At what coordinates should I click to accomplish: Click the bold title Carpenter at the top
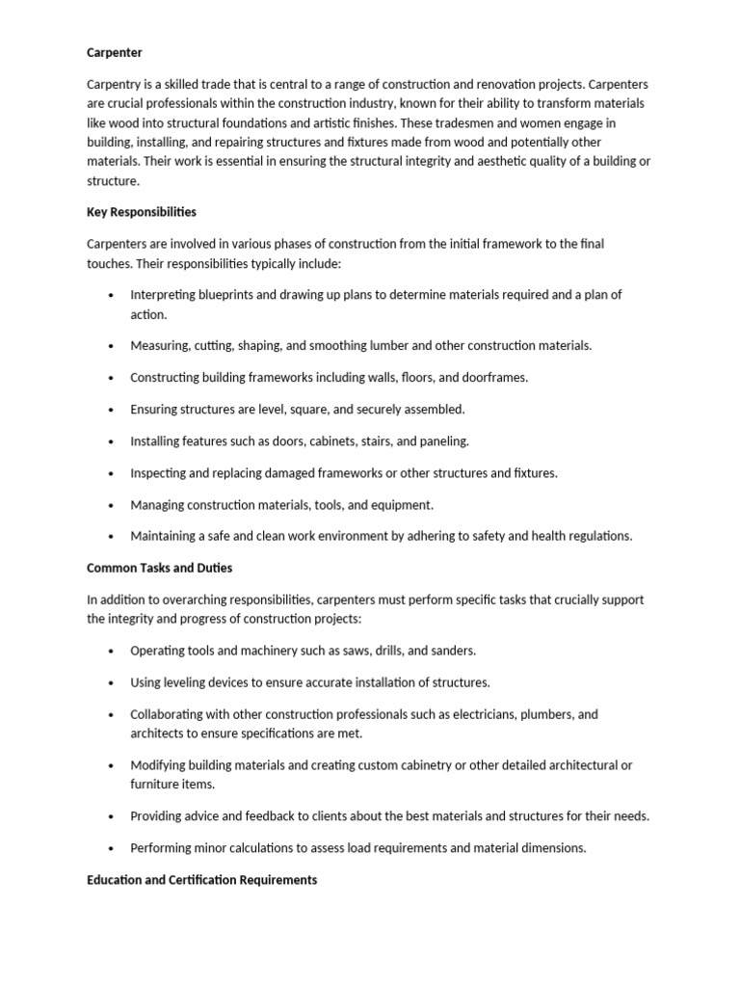click(115, 51)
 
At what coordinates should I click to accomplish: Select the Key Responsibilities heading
click(142, 211)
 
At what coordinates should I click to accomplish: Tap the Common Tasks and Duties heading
click(159, 568)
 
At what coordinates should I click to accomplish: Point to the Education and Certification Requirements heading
click(201, 880)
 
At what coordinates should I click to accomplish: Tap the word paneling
click(443, 440)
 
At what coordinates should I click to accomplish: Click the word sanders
click(452, 651)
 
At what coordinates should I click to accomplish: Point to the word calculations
click(258, 848)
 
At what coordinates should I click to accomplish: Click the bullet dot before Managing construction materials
click(113, 505)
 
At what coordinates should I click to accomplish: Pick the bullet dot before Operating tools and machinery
click(113, 652)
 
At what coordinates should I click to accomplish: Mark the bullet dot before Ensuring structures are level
click(113, 410)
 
